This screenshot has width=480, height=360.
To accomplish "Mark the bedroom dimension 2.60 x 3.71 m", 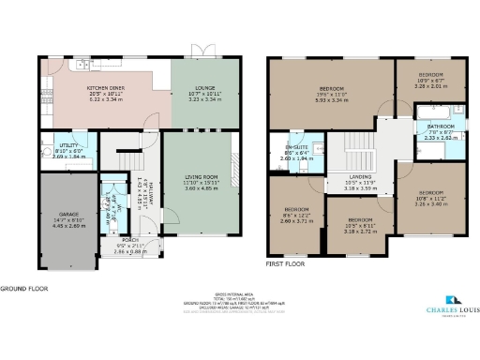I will click(296, 216).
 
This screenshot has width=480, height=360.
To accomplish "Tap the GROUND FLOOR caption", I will click(23, 290).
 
